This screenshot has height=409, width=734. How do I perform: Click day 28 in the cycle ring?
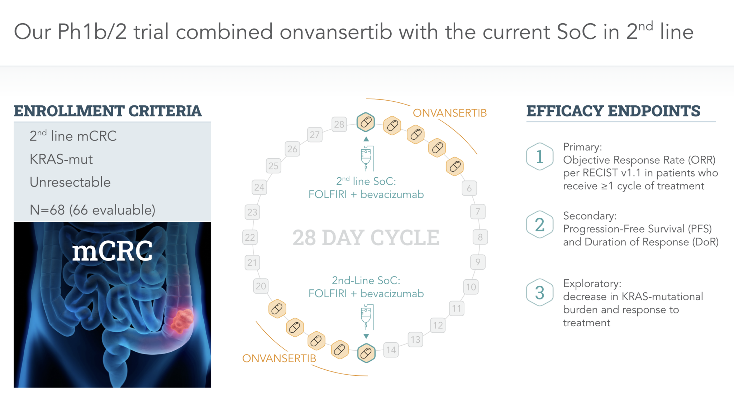339,124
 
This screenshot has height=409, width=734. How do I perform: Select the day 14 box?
391,350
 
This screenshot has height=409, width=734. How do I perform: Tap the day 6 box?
469,188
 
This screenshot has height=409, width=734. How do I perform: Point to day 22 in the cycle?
250,237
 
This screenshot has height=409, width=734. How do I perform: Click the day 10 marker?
471,287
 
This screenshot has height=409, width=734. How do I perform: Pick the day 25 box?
273,166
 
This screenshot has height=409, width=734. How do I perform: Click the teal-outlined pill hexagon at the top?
366,122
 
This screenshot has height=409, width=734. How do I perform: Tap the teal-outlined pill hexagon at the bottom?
366,353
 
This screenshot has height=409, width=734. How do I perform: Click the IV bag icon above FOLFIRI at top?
367,158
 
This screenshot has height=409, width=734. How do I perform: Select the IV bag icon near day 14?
367,317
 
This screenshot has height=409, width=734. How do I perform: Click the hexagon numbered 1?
540,157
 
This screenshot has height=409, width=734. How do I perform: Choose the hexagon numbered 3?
540,292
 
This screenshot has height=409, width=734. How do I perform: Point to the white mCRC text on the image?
113,251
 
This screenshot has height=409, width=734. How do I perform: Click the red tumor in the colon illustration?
182,320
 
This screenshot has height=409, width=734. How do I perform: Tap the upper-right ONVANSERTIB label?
450,113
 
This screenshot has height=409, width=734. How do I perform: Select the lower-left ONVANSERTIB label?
279,358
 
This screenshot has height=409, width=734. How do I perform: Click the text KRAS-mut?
61,159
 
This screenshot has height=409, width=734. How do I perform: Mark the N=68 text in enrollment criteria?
47,210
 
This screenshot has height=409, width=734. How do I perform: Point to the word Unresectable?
70,182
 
